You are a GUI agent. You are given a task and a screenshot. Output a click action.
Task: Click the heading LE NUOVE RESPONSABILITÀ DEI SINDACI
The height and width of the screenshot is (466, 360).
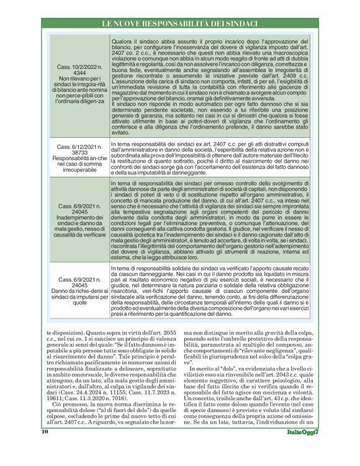pyautogui.click(x=179, y=24)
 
